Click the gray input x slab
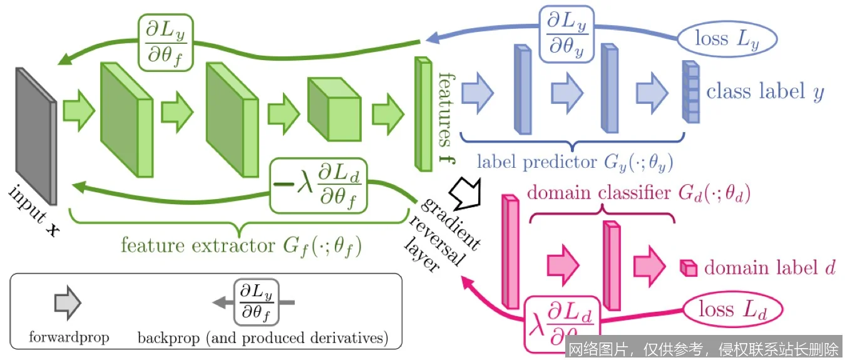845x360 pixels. (x=36, y=135)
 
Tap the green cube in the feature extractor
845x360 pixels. (x=333, y=110)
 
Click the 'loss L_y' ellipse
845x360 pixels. (x=727, y=39)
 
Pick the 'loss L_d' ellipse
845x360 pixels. (x=733, y=309)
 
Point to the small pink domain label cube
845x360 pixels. (x=689, y=269)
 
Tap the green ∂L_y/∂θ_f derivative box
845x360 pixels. (x=165, y=41)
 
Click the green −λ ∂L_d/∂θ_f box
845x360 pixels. (x=319, y=184)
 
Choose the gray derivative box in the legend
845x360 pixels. (x=257, y=303)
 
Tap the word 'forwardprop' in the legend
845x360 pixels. (x=69, y=338)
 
